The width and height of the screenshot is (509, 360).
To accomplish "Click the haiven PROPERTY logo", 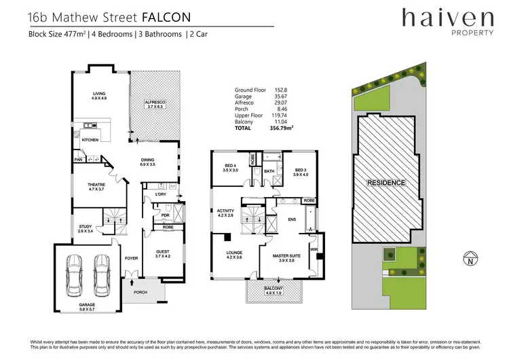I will point(446,21).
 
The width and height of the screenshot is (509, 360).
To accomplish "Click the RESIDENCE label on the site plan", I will point(385,183).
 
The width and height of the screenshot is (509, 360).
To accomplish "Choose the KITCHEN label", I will point(91,140).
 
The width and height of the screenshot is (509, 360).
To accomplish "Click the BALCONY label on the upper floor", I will point(275,290).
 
